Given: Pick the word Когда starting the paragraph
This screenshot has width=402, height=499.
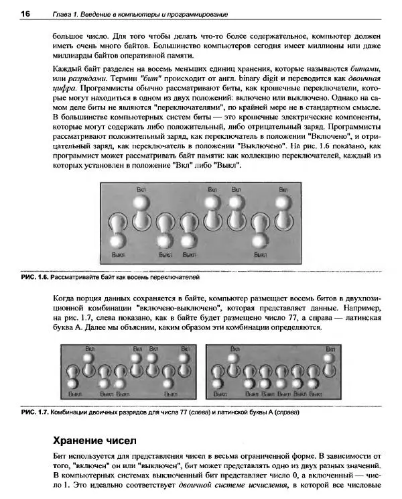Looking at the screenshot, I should (65, 297).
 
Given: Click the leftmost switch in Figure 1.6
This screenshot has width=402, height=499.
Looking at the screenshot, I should (118, 228).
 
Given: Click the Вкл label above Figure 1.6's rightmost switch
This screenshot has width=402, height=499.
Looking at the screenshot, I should (283, 189).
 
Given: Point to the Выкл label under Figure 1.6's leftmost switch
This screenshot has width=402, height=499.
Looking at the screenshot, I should (117, 255).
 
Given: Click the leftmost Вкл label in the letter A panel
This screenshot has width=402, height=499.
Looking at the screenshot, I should (235, 349).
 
